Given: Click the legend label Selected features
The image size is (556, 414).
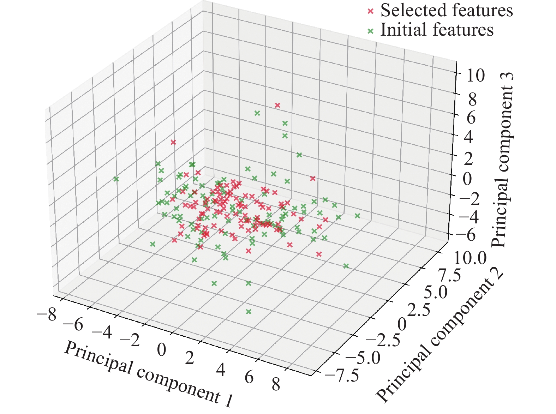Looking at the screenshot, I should pos(447,11).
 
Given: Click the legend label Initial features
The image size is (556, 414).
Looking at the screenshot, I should pos(437,30).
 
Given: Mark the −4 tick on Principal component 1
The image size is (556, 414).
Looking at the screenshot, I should pos(102,332).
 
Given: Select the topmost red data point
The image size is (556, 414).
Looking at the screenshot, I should pos(277,105).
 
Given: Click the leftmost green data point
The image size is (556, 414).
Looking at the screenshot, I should pos(116,179).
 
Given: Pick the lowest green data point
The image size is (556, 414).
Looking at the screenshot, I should pos(249,312).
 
